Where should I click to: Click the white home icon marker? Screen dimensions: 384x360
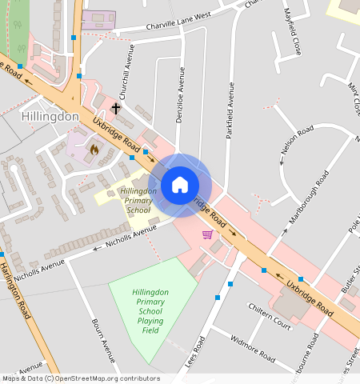pos(180,185)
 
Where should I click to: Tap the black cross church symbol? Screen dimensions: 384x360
pos(116,107)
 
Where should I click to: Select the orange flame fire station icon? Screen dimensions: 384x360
pos(94,149)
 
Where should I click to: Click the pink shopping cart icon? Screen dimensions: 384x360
pos(208,234)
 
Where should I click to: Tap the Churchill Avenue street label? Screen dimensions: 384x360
pos(126,75)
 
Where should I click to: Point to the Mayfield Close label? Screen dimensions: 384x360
pos(293,31)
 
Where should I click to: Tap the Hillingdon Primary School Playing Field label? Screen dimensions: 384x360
pos(150,311)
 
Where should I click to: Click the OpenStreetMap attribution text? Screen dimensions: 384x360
pos(81,378)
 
